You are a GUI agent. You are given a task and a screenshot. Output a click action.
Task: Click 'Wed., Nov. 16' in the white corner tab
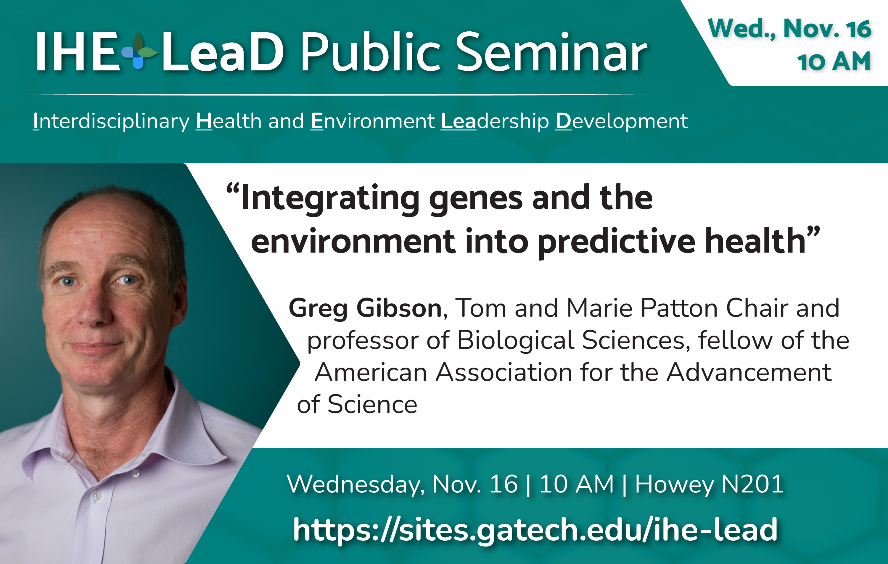click(x=789, y=29)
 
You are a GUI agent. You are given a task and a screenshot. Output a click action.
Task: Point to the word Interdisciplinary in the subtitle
click(x=111, y=122)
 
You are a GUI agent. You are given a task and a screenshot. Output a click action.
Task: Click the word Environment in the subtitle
click(x=372, y=121)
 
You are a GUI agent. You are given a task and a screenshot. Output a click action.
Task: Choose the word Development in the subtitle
click(x=621, y=122)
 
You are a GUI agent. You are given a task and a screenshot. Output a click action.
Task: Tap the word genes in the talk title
click(x=476, y=199)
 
